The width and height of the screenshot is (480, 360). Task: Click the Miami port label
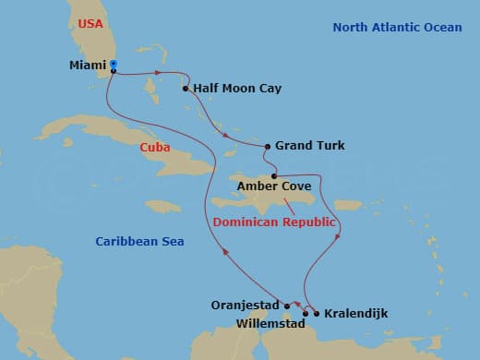(88, 66)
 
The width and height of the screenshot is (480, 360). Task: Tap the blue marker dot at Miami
(113, 66)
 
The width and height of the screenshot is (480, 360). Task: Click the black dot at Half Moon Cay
(186, 90)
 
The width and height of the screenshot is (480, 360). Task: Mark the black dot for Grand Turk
(268, 146)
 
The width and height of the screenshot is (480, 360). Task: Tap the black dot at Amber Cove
(274, 175)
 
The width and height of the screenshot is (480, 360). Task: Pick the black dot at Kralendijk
(317, 314)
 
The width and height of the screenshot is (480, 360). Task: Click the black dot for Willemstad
(306, 314)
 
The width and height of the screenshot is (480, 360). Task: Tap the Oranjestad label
(250, 306)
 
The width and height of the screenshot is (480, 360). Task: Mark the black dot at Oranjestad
(287, 306)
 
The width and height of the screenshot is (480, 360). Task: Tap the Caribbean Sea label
(139, 241)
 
